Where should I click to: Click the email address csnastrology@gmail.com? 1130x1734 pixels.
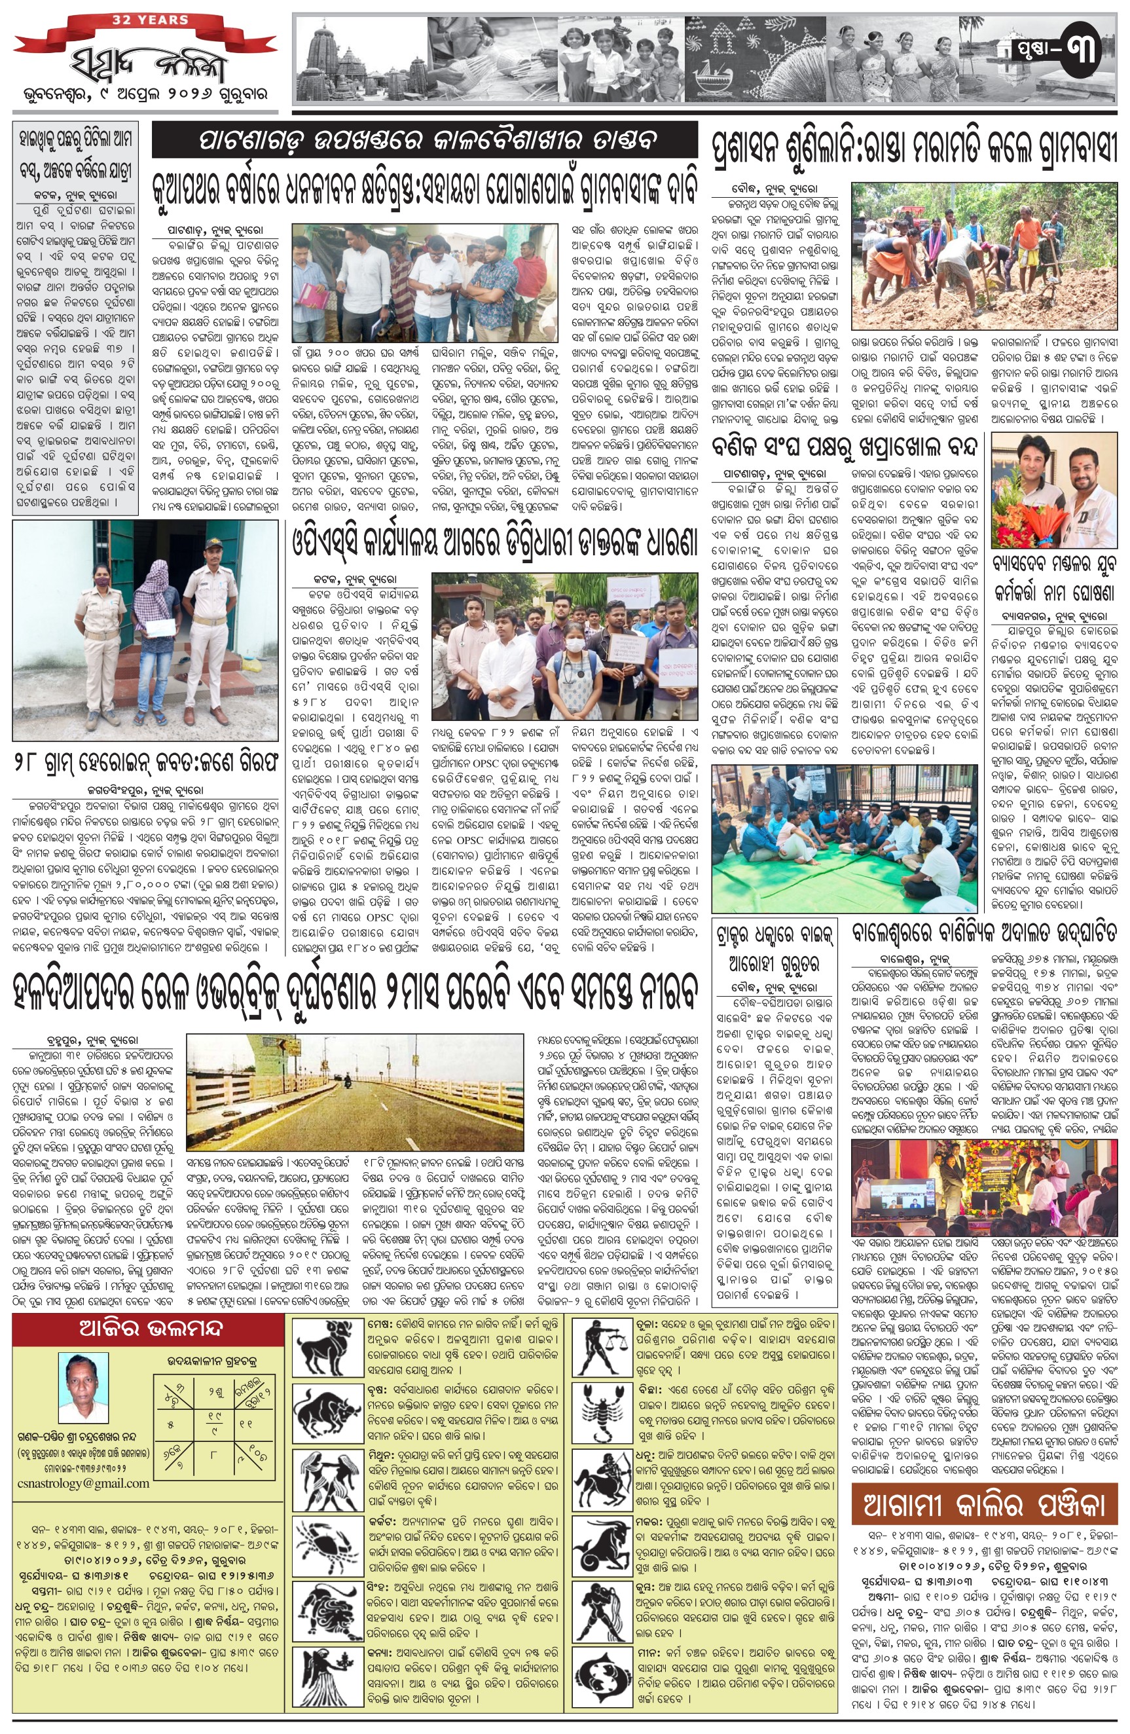click(81, 1483)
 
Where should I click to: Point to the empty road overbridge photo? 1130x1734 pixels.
click(354, 1093)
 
